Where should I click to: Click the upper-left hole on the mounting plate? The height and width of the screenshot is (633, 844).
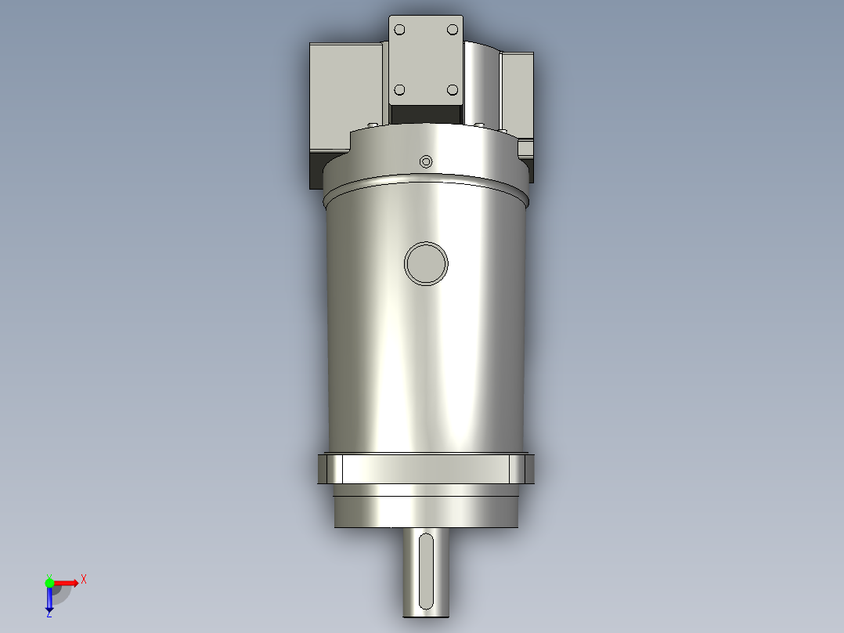tap(400, 30)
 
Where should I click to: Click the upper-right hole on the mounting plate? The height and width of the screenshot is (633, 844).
tap(452, 30)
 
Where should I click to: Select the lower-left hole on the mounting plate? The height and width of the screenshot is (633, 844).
tap(400, 90)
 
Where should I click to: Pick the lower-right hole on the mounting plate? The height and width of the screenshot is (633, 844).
tap(452, 90)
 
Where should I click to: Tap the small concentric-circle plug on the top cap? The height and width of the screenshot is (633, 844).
tap(426, 161)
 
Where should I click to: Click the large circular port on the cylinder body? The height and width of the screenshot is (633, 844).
tap(427, 263)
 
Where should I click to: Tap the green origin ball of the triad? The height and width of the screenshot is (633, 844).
tap(49, 582)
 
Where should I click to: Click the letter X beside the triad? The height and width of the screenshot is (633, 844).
tap(84, 580)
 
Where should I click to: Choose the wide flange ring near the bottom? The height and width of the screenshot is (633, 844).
tap(427, 468)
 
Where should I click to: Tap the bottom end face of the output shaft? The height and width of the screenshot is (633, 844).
tap(425, 617)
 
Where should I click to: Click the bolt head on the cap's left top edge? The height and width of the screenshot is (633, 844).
tap(371, 125)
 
